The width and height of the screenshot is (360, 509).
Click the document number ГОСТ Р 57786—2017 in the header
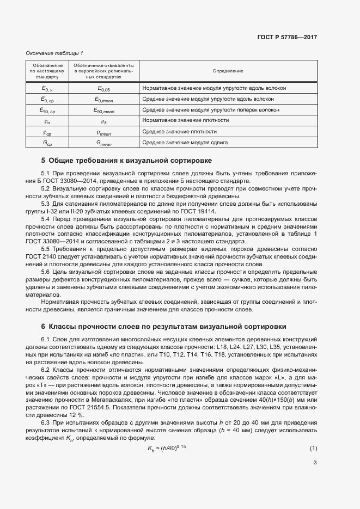[x=286, y=38]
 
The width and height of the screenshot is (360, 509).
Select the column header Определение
[x=228, y=71]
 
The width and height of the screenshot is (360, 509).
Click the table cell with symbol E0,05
[x=103, y=88]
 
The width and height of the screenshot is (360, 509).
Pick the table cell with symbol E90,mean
[x=103, y=110]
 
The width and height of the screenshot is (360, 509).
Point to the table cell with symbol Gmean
[x=103, y=143]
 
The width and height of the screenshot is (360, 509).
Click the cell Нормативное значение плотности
[x=185, y=120]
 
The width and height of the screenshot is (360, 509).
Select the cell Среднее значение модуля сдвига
[x=185, y=143]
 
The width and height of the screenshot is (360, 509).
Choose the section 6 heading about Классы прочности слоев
[x=163, y=327]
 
